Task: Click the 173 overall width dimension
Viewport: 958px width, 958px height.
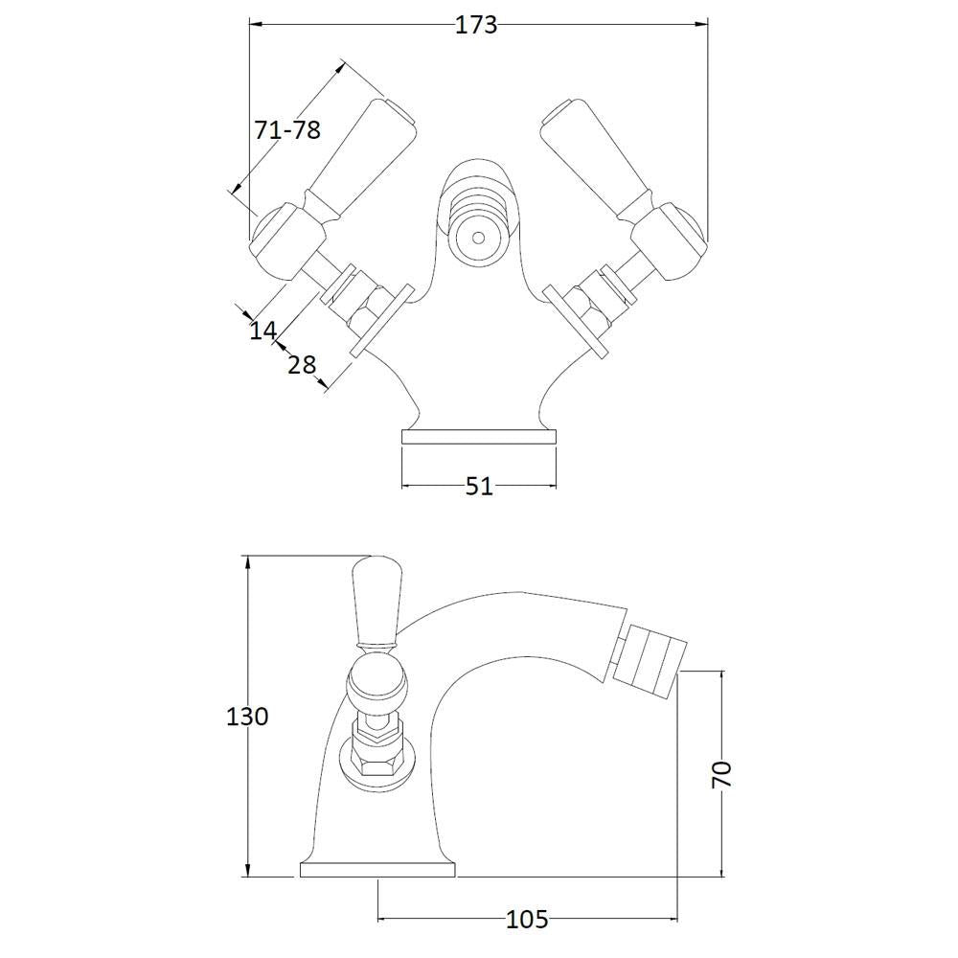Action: point(476,25)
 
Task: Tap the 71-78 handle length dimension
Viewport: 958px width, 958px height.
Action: point(287,129)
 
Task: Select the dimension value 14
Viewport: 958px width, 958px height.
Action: point(263,331)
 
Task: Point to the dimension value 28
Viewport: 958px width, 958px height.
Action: point(302,365)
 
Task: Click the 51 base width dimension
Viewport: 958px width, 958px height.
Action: point(479,487)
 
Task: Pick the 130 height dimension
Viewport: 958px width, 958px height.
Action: point(247,716)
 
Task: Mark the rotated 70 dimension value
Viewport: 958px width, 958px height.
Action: point(721,775)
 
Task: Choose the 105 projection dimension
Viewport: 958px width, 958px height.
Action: point(527,919)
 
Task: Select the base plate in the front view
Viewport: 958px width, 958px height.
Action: point(479,436)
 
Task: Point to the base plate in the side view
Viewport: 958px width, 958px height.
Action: point(378,871)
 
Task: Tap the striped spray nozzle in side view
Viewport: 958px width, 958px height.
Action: point(650,660)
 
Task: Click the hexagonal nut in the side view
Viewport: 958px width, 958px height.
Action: point(376,764)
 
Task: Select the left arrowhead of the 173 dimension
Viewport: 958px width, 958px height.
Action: point(257,25)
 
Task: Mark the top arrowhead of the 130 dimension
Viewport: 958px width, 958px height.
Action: point(247,563)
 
